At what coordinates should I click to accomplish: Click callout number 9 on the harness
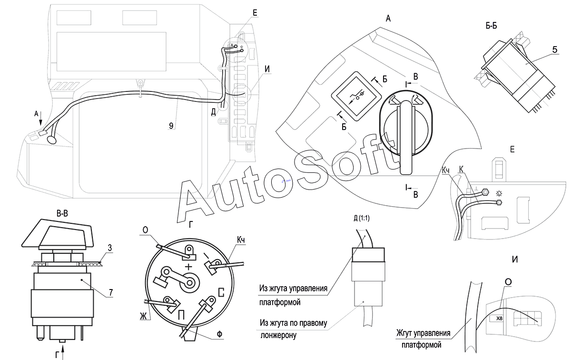pos(171,126)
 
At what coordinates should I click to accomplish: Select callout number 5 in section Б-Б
pos(555,49)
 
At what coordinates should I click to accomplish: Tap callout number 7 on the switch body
pos(111,292)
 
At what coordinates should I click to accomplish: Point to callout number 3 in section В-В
pos(109,248)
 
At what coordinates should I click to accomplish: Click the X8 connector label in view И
pos(499,319)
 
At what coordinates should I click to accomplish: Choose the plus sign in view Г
pos(188,267)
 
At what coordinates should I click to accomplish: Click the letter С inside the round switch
pos(221,292)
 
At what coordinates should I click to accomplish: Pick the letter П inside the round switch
pos(181,315)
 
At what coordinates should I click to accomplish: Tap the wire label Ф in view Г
pos(219,334)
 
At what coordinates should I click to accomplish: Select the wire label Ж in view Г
pos(143,316)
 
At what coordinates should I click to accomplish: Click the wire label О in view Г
pos(145,230)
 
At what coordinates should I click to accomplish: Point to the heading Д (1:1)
pos(362,218)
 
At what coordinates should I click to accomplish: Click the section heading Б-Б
pos(491,26)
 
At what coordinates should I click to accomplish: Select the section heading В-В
pos(62,213)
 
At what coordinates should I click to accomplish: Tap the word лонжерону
pos(278,335)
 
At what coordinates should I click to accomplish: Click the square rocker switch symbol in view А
pos(356,96)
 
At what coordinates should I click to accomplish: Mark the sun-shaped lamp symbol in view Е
pos(499,194)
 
